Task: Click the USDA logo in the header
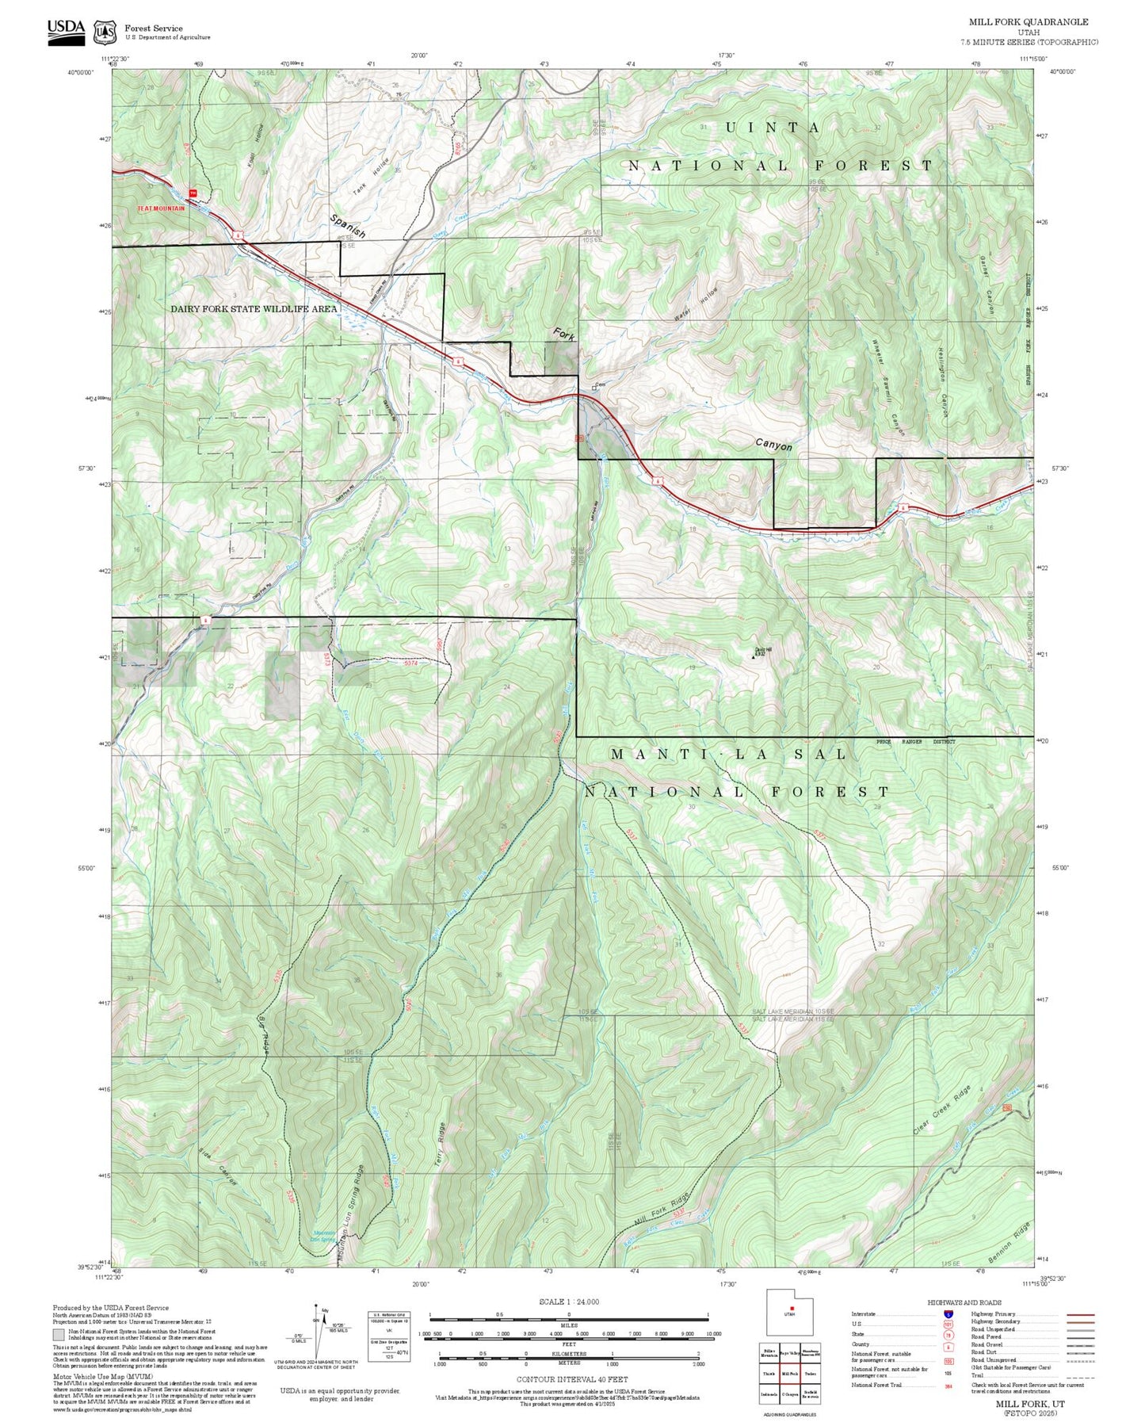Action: pyautogui.click(x=66, y=31)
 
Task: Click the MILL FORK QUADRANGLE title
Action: pyautogui.click(x=1028, y=22)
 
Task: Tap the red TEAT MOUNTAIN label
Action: pyautogui.click(x=161, y=208)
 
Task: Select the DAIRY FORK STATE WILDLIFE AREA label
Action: pyautogui.click(x=254, y=309)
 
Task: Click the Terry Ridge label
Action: pyautogui.click(x=441, y=1142)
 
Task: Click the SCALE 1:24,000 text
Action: pyautogui.click(x=568, y=1302)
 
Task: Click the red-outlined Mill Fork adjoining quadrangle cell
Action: pyautogui.click(x=790, y=1374)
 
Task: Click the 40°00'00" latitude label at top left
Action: pyautogui.click(x=81, y=72)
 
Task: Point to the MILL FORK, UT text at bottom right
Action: pyautogui.click(x=1030, y=1403)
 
